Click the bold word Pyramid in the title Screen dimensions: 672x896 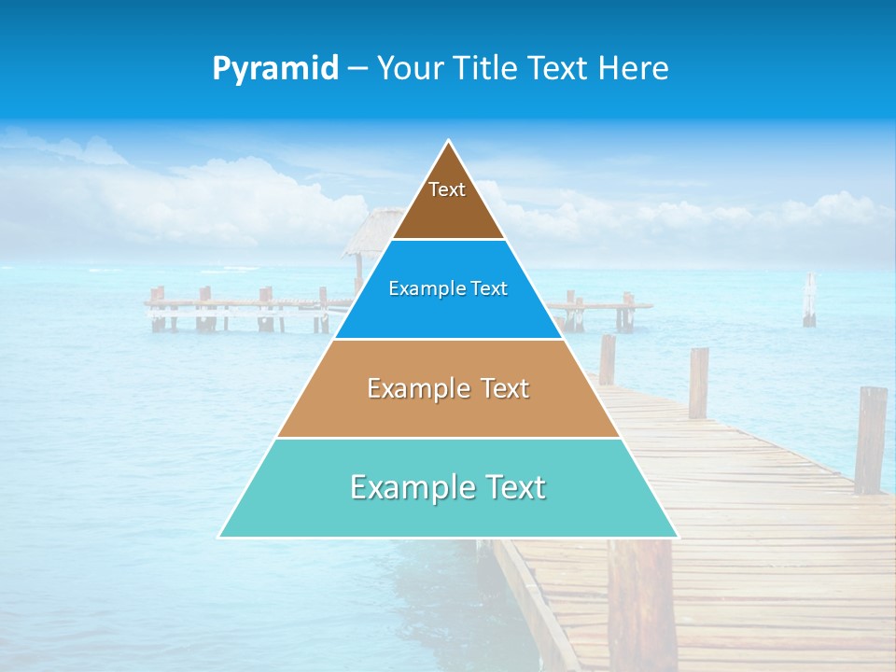coord(275,68)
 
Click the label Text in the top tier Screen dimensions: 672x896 coord(447,189)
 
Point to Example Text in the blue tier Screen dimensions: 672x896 coord(448,288)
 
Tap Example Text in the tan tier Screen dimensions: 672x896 coord(448,388)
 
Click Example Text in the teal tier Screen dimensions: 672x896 coord(448,487)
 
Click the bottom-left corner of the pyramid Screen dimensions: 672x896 coord(221,536)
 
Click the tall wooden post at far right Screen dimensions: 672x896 coord(870,439)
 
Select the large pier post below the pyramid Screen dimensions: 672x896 coord(641,602)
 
